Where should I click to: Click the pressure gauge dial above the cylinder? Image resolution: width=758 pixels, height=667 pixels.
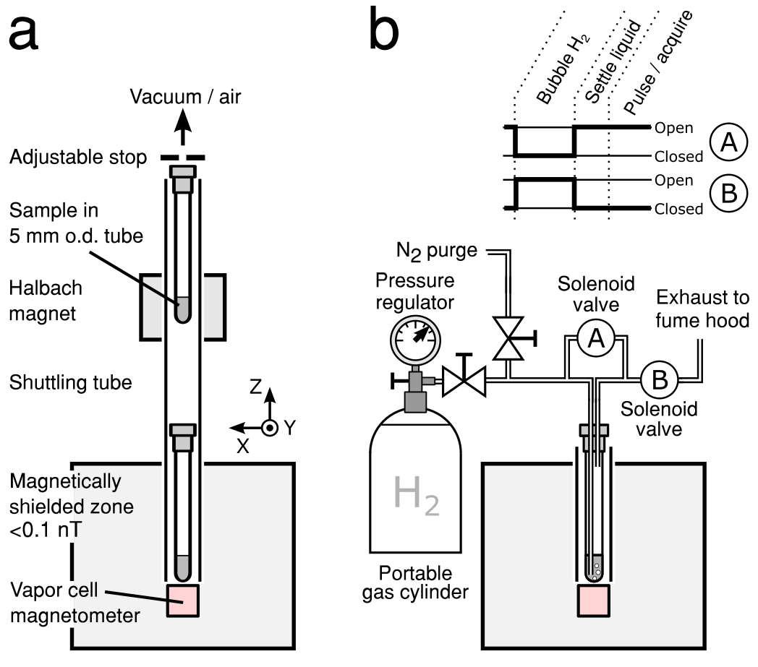tap(415, 340)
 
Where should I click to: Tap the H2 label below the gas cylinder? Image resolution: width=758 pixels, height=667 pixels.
tap(416, 494)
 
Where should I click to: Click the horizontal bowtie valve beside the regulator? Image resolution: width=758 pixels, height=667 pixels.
tap(464, 382)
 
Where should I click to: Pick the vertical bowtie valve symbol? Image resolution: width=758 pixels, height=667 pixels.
tap(508, 338)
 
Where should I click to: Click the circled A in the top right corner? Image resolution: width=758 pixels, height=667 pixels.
tap(728, 142)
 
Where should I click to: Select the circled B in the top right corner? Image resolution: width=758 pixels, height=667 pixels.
tap(728, 194)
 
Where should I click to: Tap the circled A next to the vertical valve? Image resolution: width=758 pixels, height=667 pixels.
tap(595, 338)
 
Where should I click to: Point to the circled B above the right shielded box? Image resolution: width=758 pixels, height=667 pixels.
tap(660, 380)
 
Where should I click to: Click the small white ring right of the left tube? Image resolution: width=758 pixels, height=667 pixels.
tap(270, 428)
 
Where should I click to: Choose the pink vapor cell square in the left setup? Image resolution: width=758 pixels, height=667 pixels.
tap(182, 601)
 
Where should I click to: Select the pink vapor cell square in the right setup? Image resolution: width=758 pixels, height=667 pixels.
tap(593, 601)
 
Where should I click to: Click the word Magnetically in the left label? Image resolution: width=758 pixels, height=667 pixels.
tap(65, 481)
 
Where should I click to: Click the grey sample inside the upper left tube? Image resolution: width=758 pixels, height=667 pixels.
tap(182, 309)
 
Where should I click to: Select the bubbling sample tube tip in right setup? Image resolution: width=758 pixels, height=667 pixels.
tap(595, 569)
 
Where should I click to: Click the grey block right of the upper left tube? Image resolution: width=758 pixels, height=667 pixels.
tap(213, 307)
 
